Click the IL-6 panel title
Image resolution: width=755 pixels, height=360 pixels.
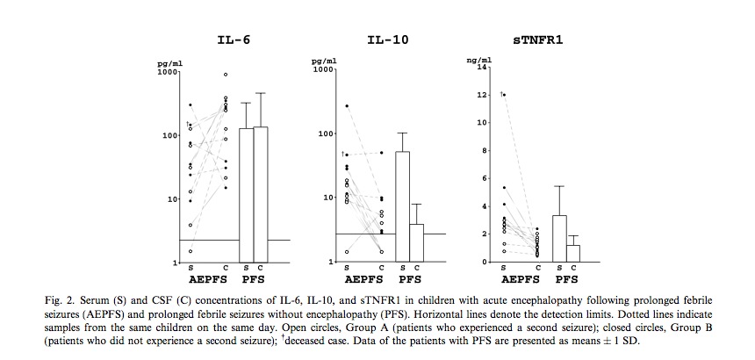coord(231,40)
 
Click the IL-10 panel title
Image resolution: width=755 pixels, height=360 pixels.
coord(387,40)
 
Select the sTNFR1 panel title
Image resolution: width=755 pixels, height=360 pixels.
coord(538,40)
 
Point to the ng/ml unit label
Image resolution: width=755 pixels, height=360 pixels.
coord(479,60)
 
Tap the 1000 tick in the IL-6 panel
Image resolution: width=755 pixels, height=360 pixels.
coord(166,72)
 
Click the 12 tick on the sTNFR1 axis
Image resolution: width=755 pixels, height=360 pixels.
coord(481,94)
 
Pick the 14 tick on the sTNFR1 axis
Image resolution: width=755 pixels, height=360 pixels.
coord(481,66)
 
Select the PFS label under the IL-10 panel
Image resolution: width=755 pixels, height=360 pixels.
coord(411,280)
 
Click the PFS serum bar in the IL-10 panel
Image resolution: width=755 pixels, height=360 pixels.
coord(403,206)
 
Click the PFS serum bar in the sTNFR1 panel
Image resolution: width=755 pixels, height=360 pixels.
coord(559,238)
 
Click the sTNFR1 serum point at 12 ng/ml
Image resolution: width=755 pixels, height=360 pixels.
coord(504,94)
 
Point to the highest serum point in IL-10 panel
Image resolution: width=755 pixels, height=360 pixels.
coord(347,105)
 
